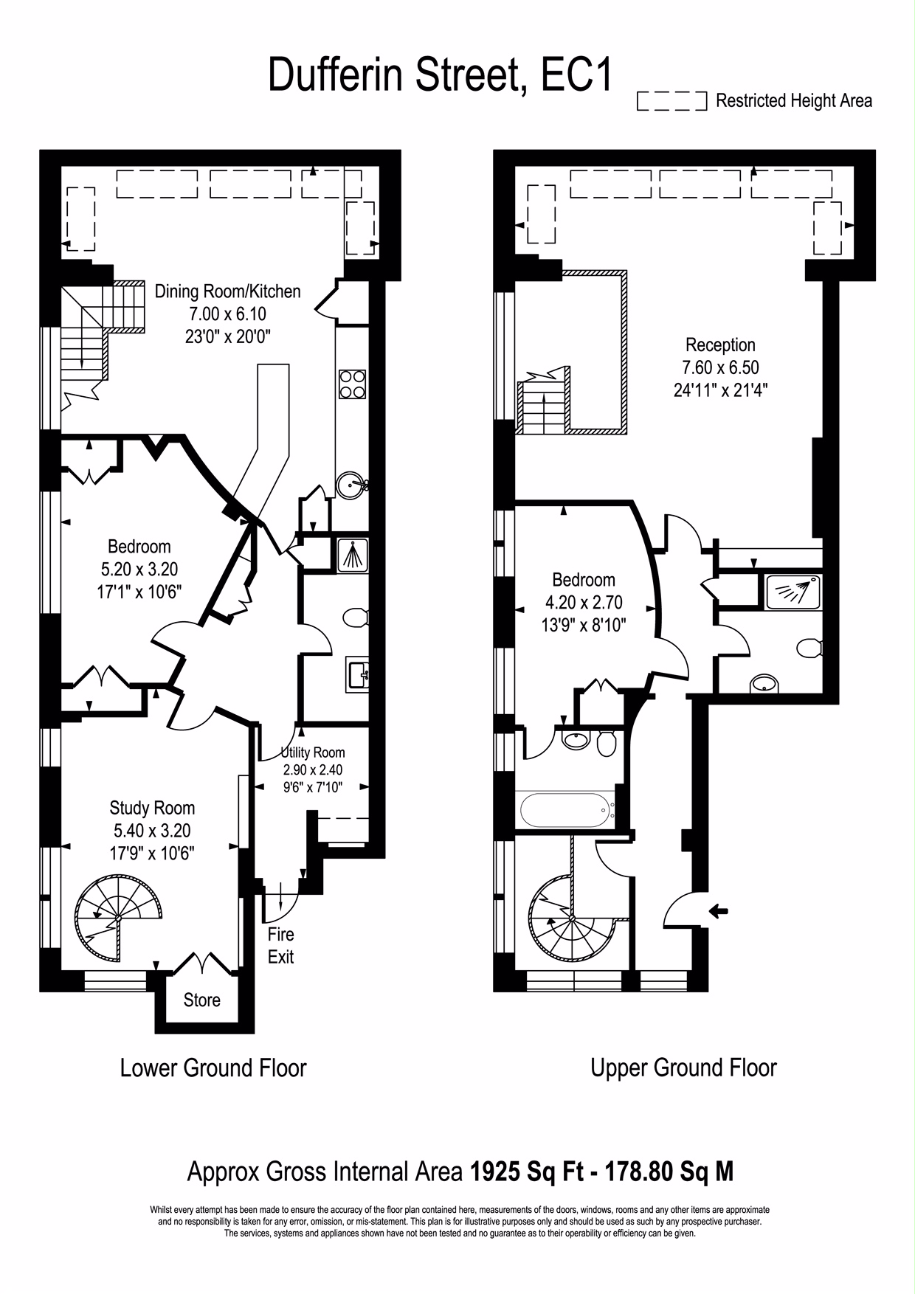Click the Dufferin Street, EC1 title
click(x=440, y=75)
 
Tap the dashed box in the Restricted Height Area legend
click(x=671, y=101)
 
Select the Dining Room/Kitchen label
click(x=227, y=291)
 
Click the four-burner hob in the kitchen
click(x=352, y=384)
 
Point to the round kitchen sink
click(x=348, y=485)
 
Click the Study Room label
click(x=152, y=808)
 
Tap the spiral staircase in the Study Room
click(x=118, y=913)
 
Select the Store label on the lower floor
click(x=201, y=1000)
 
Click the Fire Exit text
click(x=280, y=946)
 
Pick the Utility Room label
click(x=313, y=752)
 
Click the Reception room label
click(x=720, y=345)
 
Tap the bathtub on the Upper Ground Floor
click(x=566, y=811)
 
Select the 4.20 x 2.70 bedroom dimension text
click(x=583, y=603)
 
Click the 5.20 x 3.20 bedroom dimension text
click(x=139, y=570)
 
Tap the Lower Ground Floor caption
click(x=213, y=1068)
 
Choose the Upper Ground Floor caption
click(x=683, y=1068)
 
